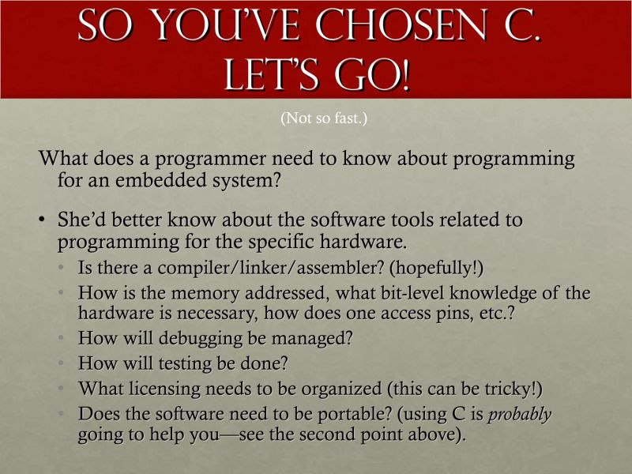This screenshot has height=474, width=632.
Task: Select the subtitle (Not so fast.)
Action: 324,119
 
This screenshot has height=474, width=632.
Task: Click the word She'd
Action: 86,220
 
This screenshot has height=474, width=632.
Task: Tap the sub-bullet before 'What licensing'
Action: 64,389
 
